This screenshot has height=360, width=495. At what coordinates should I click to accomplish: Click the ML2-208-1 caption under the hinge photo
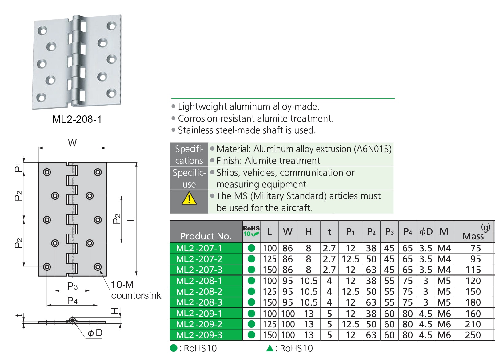pyautogui.click(x=77, y=119)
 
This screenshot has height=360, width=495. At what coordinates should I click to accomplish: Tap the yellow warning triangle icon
pyautogui.click(x=189, y=198)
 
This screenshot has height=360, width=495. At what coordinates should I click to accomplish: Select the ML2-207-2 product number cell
pyautogui.click(x=199, y=259)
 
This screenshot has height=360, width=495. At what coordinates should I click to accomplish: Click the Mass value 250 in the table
pyautogui.click(x=473, y=335)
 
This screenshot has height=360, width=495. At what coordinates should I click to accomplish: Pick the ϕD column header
pyautogui.click(x=426, y=232)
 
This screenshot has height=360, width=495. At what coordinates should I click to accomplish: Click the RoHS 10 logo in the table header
pyautogui.click(x=251, y=231)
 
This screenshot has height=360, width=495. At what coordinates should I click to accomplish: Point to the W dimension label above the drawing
pyautogui.click(x=72, y=143)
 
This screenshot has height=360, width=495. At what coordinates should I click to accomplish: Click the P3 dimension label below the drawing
pyautogui.click(x=72, y=286)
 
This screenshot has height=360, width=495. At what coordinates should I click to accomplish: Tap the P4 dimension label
pyautogui.click(x=72, y=301)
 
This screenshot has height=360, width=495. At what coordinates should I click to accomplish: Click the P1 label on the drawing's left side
pyautogui.click(x=19, y=167)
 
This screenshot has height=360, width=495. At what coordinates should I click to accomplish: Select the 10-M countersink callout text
pyautogui.click(x=135, y=290)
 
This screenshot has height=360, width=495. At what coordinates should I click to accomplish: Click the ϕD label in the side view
pyautogui.click(x=95, y=333)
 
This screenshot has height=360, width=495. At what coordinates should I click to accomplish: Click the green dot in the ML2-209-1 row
pyautogui.click(x=251, y=314)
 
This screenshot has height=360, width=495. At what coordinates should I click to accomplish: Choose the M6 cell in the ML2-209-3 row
pyautogui.click(x=444, y=335)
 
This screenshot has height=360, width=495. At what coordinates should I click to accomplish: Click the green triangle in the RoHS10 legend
pyautogui.click(x=270, y=348)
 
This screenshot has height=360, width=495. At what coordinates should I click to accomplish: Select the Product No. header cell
pyautogui.click(x=206, y=236)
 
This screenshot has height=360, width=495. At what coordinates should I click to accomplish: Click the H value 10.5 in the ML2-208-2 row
pyautogui.click(x=309, y=292)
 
